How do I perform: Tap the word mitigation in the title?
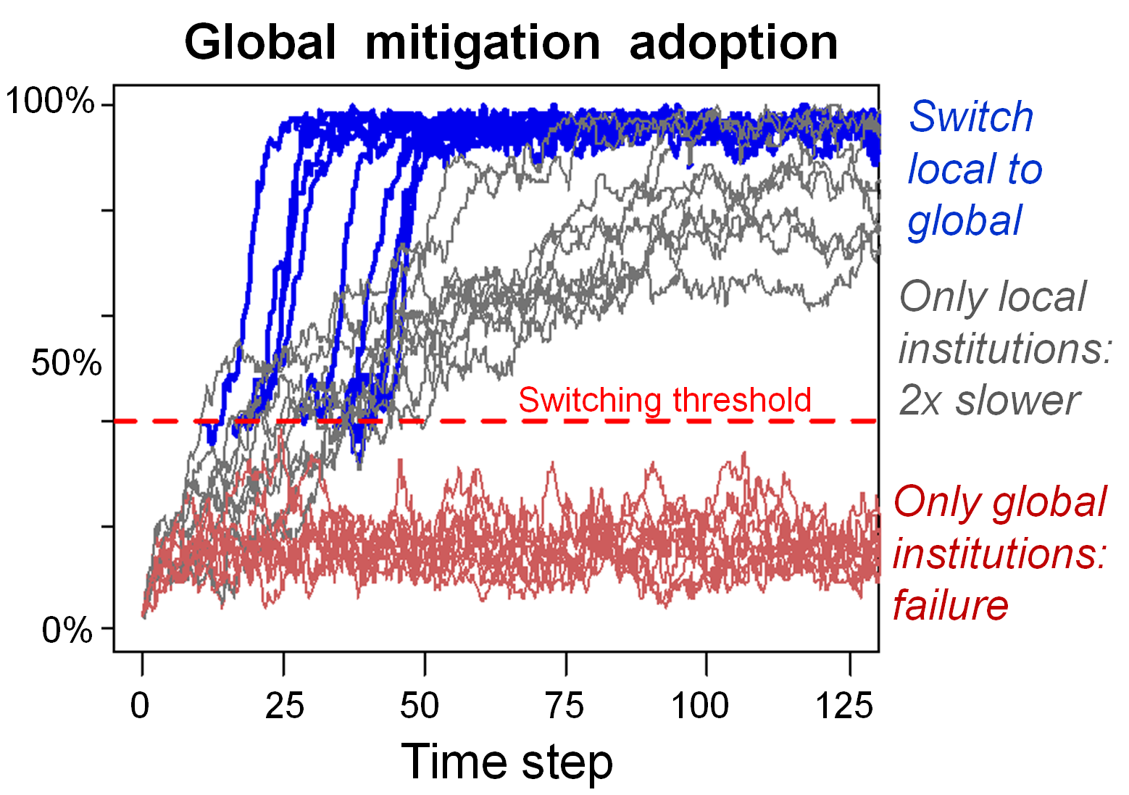point(483,42)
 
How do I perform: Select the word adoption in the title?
point(733,42)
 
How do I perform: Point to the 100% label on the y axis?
point(49,101)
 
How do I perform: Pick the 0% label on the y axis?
point(67,630)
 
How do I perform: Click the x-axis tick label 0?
point(140,705)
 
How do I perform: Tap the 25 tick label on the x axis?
point(284,705)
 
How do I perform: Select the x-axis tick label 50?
point(420,705)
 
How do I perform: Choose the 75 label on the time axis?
point(564,705)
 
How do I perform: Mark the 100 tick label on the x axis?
point(699,705)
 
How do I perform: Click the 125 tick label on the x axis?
point(844,705)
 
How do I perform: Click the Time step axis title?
point(507,762)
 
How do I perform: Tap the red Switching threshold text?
point(665,400)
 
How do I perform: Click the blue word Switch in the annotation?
point(970,117)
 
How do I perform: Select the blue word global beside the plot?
point(965,221)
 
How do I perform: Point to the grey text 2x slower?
point(988,400)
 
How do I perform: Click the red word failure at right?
point(950,604)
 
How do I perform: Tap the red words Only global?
point(1000,501)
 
